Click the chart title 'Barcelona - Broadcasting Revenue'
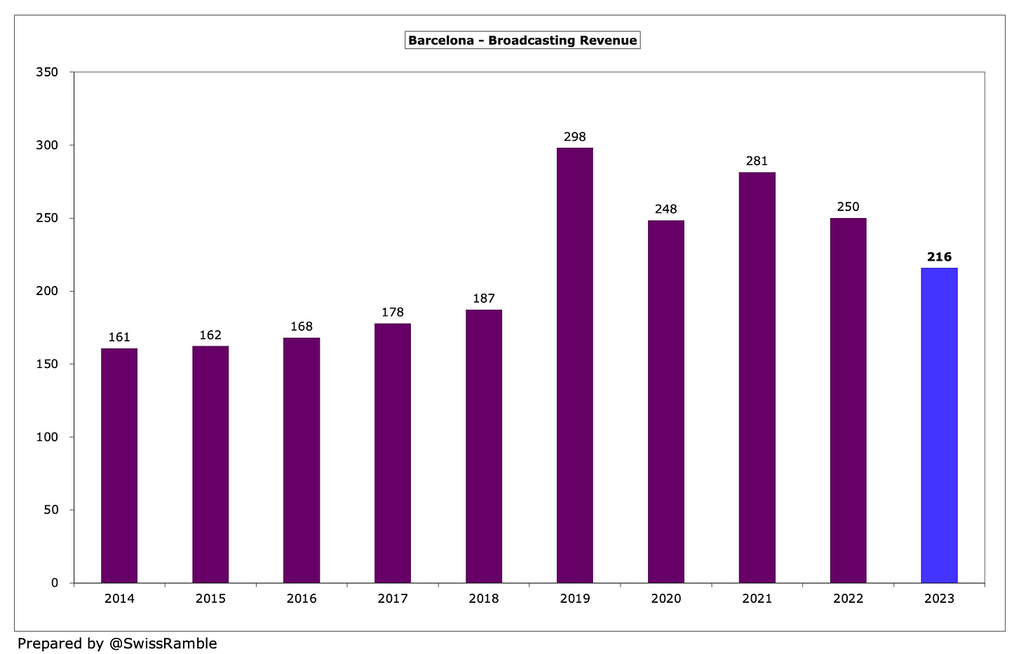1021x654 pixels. coord(522,41)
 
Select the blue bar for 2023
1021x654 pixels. coord(939,425)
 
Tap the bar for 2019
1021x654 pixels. coord(574,365)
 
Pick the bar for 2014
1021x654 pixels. coord(119,465)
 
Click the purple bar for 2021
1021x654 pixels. coord(757,377)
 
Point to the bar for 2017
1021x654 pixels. coord(393,453)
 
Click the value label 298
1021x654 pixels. coord(574,137)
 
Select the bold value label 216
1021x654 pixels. coord(939,257)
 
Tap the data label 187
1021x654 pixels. coord(484,299)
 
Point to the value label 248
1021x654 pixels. coord(665,210)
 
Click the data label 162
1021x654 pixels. coord(210,336)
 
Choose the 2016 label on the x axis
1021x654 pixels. coord(302,599)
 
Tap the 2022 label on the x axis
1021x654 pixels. coord(848,599)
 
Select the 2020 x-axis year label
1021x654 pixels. coord(665,599)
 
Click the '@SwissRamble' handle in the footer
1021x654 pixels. coord(163,643)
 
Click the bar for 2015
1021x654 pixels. coord(210,464)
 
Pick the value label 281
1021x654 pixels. coord(757,161)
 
